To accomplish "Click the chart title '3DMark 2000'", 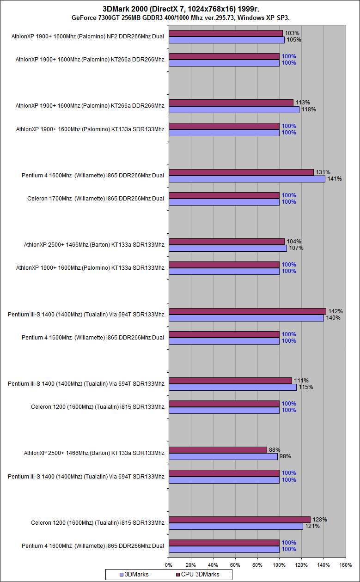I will pos(180,9).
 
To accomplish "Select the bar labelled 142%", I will pos(247,311).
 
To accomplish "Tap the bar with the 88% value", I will pos(218,450).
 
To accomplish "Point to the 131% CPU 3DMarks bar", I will pos(241,172).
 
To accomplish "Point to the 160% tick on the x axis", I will pos(346,564).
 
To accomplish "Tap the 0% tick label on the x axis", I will pos(169,564).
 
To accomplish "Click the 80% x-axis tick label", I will pos(257,564).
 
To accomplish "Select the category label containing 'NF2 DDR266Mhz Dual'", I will pos(88,36).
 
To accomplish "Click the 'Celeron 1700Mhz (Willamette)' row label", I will pos(96,199).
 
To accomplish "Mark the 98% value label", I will pos(285,457).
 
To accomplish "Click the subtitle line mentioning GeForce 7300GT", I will pos(180,18).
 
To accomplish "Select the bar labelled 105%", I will pos(226,40).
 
